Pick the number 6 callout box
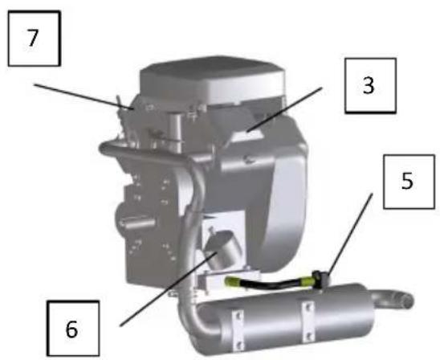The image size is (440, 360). (x=72, y=329)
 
